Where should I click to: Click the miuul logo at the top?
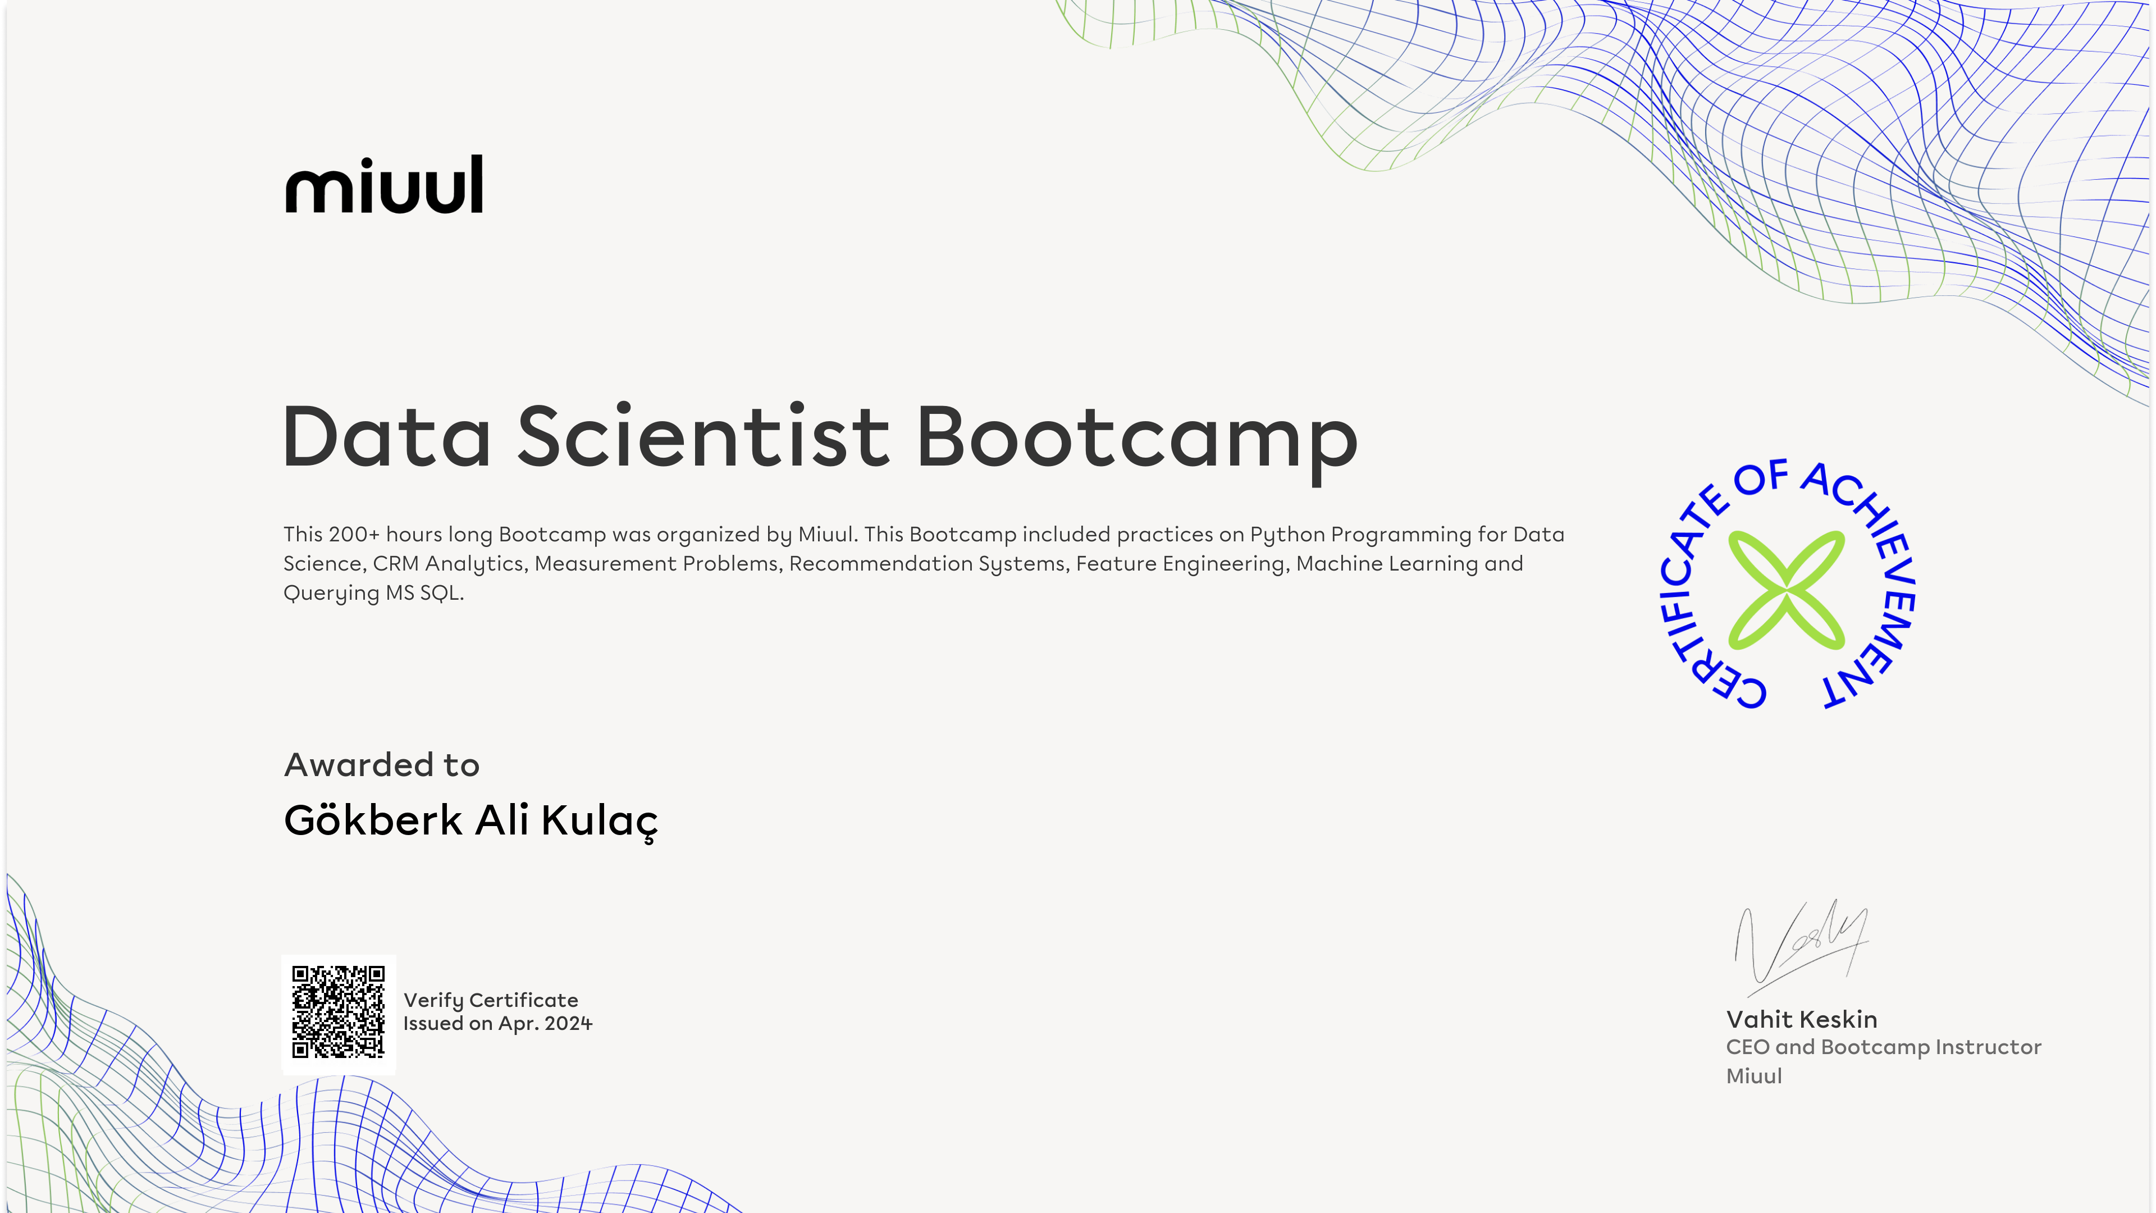coord(384,184)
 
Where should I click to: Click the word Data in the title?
coord(387,436)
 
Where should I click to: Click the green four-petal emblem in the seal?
coord(1786,590)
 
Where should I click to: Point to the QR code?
coord(338,1012)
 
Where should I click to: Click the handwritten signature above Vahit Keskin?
coord(1800,941)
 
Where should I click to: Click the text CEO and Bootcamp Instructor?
coord(1883,1047)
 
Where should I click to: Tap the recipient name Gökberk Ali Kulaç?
coord(471,821)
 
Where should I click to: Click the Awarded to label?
coord(382,765)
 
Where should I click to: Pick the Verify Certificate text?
coord(491,1000)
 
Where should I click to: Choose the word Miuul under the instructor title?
coord(1754,1076)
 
